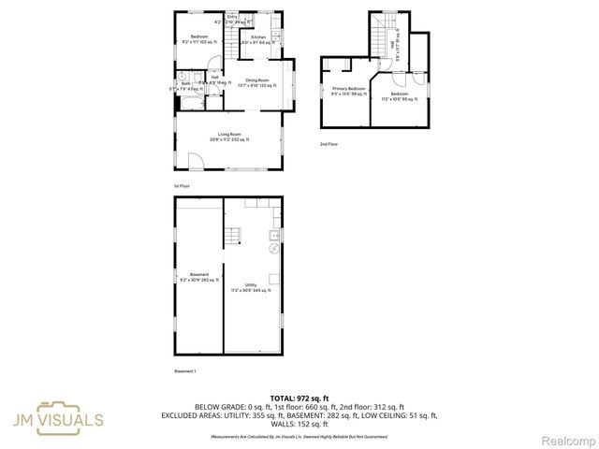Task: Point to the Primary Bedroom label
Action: pyautogui.click(x=348, y=91)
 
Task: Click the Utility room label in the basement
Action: pyautogui.click(x=251, y=286)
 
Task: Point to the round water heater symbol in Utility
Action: pyautogui.click(x=273, y=249)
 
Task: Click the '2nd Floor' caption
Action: pyautogui.click(x=328, y=144)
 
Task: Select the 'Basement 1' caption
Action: pyautogui.click(x=184, y=371)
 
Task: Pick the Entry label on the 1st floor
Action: pyautogui.click(x=231, y=17)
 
